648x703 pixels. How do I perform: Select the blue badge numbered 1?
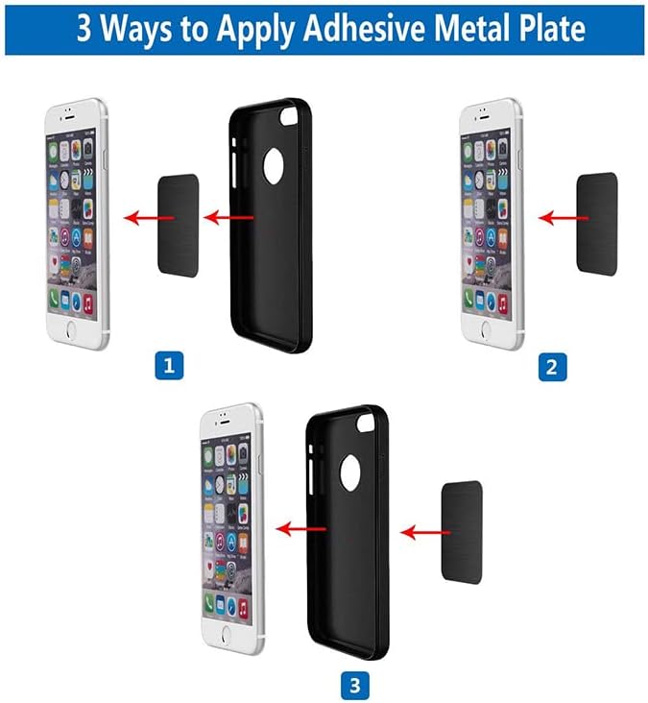tap(169, 366)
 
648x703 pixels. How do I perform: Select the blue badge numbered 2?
tap(552, 366)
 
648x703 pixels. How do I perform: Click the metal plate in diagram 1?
tap(178, 226)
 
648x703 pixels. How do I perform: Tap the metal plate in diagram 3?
tap(461, 531)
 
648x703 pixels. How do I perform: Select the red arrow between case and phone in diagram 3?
tap(297, 527)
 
